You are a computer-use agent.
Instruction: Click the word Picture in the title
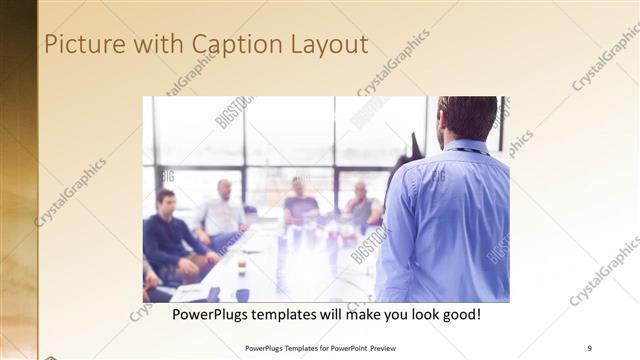83,45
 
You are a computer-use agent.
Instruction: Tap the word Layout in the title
328,45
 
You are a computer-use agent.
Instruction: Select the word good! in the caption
461,314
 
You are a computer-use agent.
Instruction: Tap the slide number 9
589,348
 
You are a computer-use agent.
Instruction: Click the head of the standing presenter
466,118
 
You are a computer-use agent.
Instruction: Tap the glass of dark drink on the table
242,265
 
